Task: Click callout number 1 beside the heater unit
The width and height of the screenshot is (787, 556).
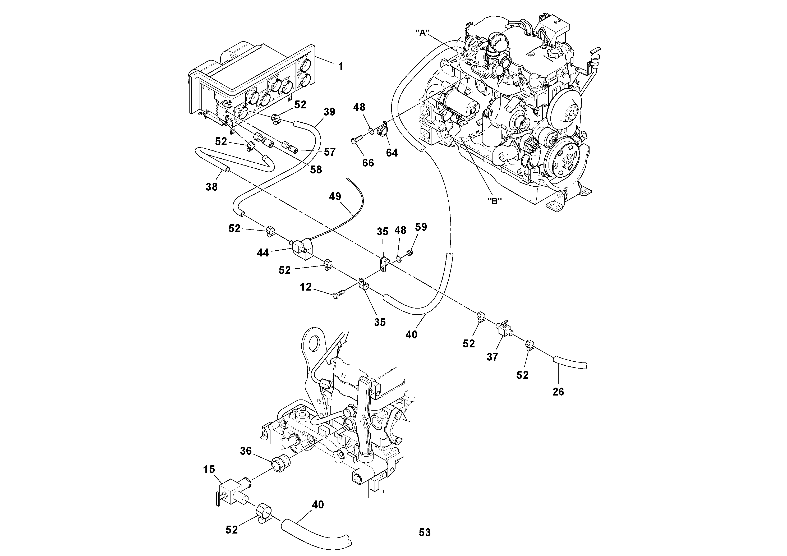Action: click(340, 66)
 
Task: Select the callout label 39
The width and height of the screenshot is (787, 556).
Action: click(329, 112)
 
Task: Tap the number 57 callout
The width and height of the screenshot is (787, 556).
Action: click(329, 152)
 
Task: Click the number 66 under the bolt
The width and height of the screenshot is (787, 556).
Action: click(368, 163)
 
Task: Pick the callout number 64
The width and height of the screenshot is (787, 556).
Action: click(392, 153)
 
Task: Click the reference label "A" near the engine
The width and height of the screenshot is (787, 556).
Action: click(423, 33)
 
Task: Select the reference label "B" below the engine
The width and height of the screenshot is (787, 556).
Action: click(494, 201)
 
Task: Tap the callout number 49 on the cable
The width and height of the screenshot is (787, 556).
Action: click(335, 196)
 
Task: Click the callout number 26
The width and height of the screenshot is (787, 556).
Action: click(558, 392)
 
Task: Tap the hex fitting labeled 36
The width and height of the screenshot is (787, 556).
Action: click(281, 463)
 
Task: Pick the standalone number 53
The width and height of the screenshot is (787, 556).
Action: click(424, 532)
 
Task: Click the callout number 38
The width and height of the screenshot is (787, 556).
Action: click(211, 187)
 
